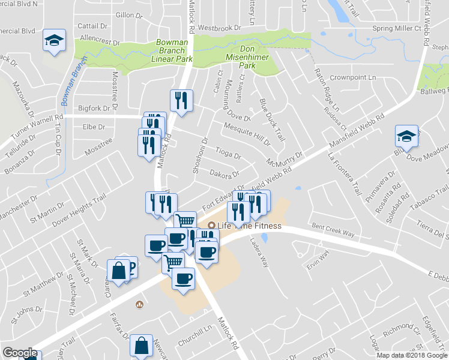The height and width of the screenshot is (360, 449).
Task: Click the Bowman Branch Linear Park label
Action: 174,51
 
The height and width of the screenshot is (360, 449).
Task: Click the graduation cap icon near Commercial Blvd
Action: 53,41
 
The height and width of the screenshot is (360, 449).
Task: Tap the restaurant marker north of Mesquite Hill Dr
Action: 181,99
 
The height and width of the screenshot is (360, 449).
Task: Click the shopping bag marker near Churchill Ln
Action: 141,346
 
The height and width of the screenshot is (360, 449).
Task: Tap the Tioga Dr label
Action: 228,154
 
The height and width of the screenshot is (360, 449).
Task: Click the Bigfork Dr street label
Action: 95,109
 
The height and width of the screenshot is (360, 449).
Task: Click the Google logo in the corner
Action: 20,353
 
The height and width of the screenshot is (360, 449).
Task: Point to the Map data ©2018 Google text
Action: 411,355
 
